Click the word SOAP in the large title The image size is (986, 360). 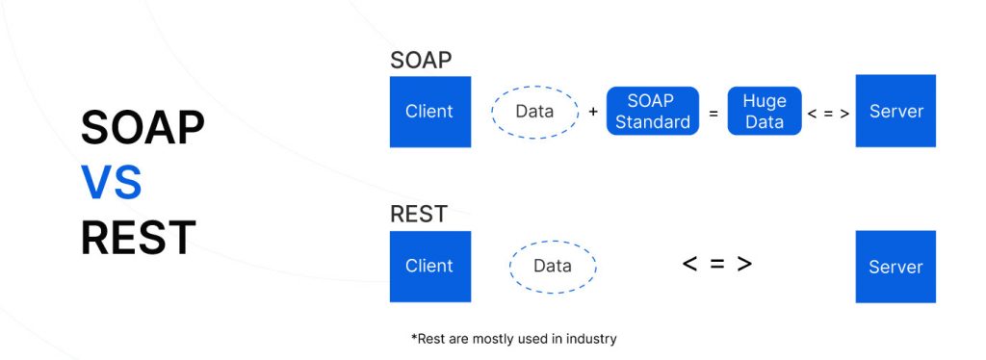143,127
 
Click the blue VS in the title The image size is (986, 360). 111,183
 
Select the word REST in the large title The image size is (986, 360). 138,238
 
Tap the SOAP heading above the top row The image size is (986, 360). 421,60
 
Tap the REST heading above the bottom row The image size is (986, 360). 418,214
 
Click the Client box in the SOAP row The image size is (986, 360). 429,112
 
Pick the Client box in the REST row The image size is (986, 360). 429,267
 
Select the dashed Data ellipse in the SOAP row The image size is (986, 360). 534,112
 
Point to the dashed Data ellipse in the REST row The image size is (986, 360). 552,267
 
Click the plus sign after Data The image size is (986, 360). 593,113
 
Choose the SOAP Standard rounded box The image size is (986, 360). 652,112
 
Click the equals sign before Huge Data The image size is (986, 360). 714,113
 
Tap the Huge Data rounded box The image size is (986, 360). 765,112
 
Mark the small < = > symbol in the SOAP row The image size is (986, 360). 828,113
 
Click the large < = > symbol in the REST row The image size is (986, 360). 717,264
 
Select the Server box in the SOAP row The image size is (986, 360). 895,112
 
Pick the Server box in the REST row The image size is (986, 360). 895,267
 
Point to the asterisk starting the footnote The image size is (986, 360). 414,337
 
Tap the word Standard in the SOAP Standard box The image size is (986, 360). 652,122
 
